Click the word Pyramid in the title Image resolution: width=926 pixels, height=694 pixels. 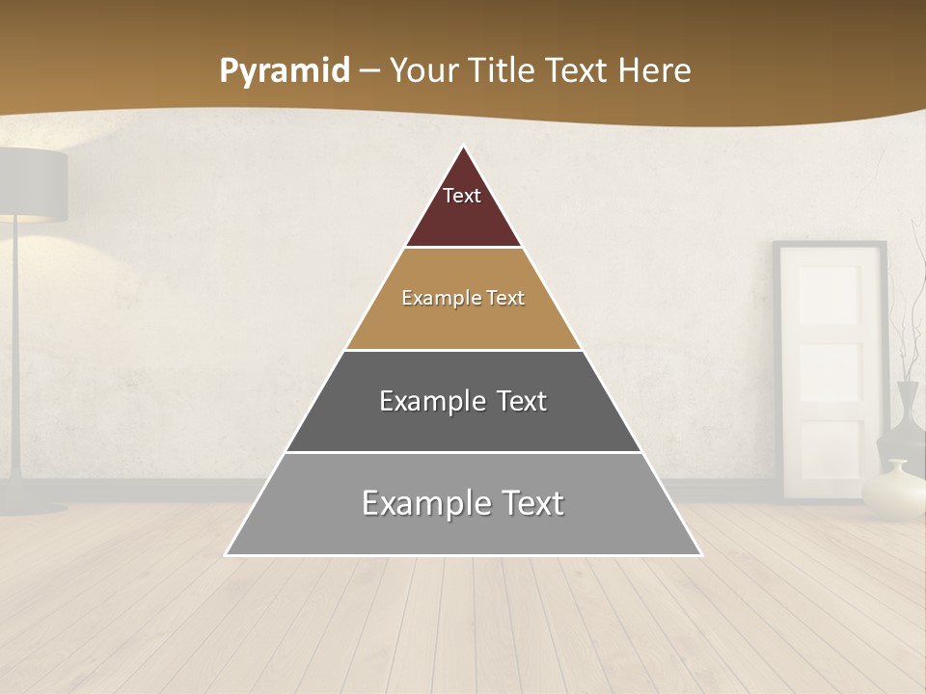(284, 71)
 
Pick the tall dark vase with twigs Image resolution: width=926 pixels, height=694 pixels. (908, 414)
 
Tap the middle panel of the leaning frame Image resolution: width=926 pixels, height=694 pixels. (829, 371)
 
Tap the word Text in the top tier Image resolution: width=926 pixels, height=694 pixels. (462, 196)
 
